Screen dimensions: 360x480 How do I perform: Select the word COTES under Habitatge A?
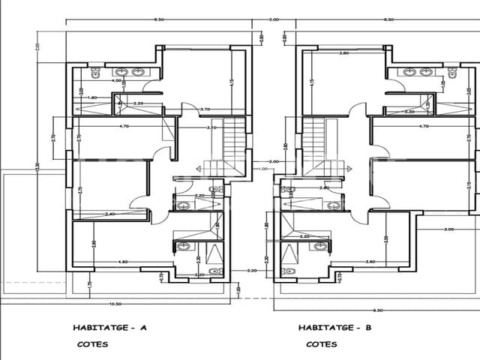(x=92, y=345)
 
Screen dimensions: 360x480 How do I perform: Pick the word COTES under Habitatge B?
(x=321, y=345)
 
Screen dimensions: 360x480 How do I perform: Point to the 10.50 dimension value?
(x=115, y=304)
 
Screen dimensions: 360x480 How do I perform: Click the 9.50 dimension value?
(x=377, y=310)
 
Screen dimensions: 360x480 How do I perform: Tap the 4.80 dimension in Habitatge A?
(x=124, y=262)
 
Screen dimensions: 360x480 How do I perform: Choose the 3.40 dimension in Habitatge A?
(x=110, y=214)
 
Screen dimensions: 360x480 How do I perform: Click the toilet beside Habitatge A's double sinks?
(x=95, y=73)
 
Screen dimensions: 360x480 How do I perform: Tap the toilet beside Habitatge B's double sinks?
(x=452, y=73)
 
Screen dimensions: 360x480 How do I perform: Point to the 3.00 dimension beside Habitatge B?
(x=450, y=228)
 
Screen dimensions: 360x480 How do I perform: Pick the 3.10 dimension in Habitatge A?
(x=211, y=127)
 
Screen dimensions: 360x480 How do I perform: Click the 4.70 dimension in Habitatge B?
(x=424, y=127)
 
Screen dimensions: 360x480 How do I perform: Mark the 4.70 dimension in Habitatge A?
(x=124, y=127)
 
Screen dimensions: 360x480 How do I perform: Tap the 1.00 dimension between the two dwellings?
(x=262, y=169)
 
